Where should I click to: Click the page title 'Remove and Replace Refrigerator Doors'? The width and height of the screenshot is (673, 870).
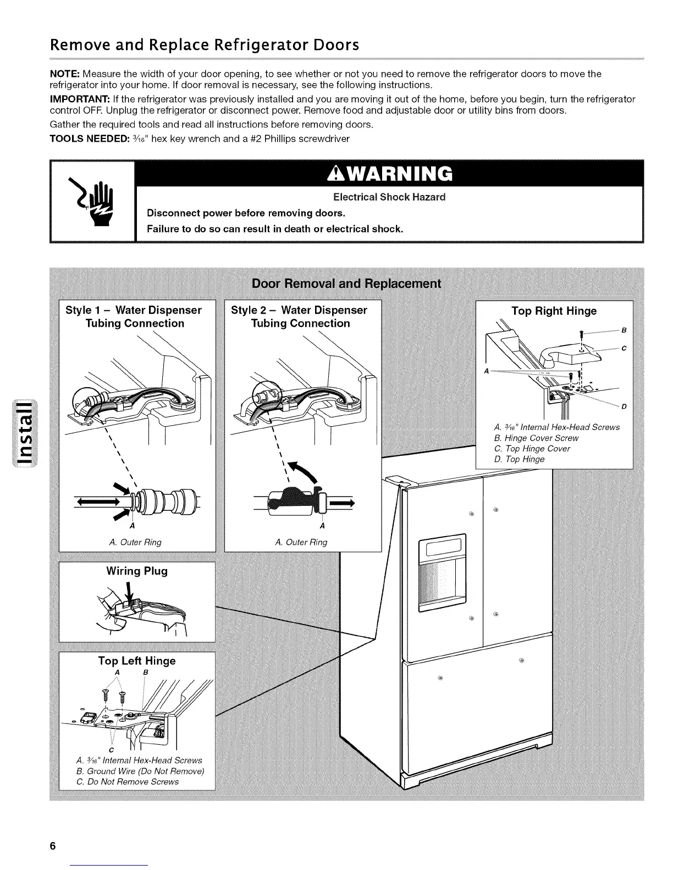tap(205, 44)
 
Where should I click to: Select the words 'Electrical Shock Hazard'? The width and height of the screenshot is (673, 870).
tap(389, 197)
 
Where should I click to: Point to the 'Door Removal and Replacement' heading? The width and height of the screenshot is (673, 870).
tap(346, 283)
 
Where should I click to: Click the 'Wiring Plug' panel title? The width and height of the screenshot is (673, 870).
tap(137, 571)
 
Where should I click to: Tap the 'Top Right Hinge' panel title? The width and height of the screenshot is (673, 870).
tap(554, 311)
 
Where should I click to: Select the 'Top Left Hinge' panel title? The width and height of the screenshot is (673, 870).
tap(137, 661)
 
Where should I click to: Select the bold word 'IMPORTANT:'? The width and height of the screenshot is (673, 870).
tap(80, 99)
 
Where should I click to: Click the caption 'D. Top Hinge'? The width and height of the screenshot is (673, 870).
tap(520, 459)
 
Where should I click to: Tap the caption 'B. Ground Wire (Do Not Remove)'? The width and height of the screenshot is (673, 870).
tap(140, 771)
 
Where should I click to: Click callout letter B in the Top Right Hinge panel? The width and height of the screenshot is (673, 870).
tap(624, 331)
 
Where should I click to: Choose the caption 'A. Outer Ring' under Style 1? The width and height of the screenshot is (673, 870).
tap(135, 543)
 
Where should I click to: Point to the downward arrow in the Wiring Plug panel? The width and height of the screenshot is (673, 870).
tap(130, 592)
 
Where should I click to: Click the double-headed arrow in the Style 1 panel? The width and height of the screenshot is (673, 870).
tap(98, 501)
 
